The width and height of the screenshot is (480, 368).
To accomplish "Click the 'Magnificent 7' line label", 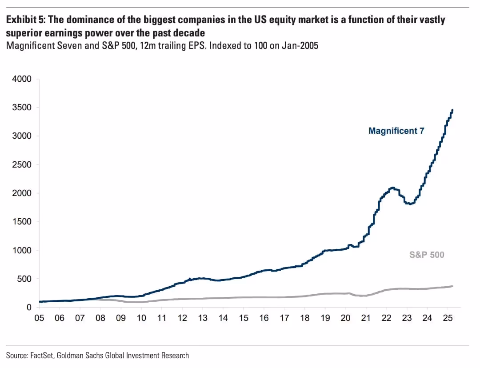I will tap(396, 131).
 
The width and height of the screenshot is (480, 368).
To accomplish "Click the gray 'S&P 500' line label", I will tap(427, 255).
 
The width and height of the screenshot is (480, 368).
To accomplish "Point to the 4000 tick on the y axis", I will tap(23, 79).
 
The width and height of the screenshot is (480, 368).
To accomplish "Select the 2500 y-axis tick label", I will tap(23, 165).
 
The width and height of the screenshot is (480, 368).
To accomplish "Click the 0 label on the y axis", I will tap(29, 308).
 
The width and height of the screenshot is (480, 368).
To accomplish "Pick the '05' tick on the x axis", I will tap(39, 318).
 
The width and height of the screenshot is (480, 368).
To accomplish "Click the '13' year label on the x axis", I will tap(203, 318).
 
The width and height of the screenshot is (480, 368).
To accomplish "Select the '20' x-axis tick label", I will tap(345, 318).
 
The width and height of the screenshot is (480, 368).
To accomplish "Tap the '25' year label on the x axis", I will tap(448, 318).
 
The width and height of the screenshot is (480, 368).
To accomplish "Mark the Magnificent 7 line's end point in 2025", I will tap(452, 110).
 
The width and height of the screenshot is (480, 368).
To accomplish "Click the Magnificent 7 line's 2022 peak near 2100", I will tap(392, 188).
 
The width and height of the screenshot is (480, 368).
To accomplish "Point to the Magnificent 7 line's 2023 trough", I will tap(410, 204).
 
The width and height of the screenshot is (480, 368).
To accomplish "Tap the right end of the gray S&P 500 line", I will tap(452, 286).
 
